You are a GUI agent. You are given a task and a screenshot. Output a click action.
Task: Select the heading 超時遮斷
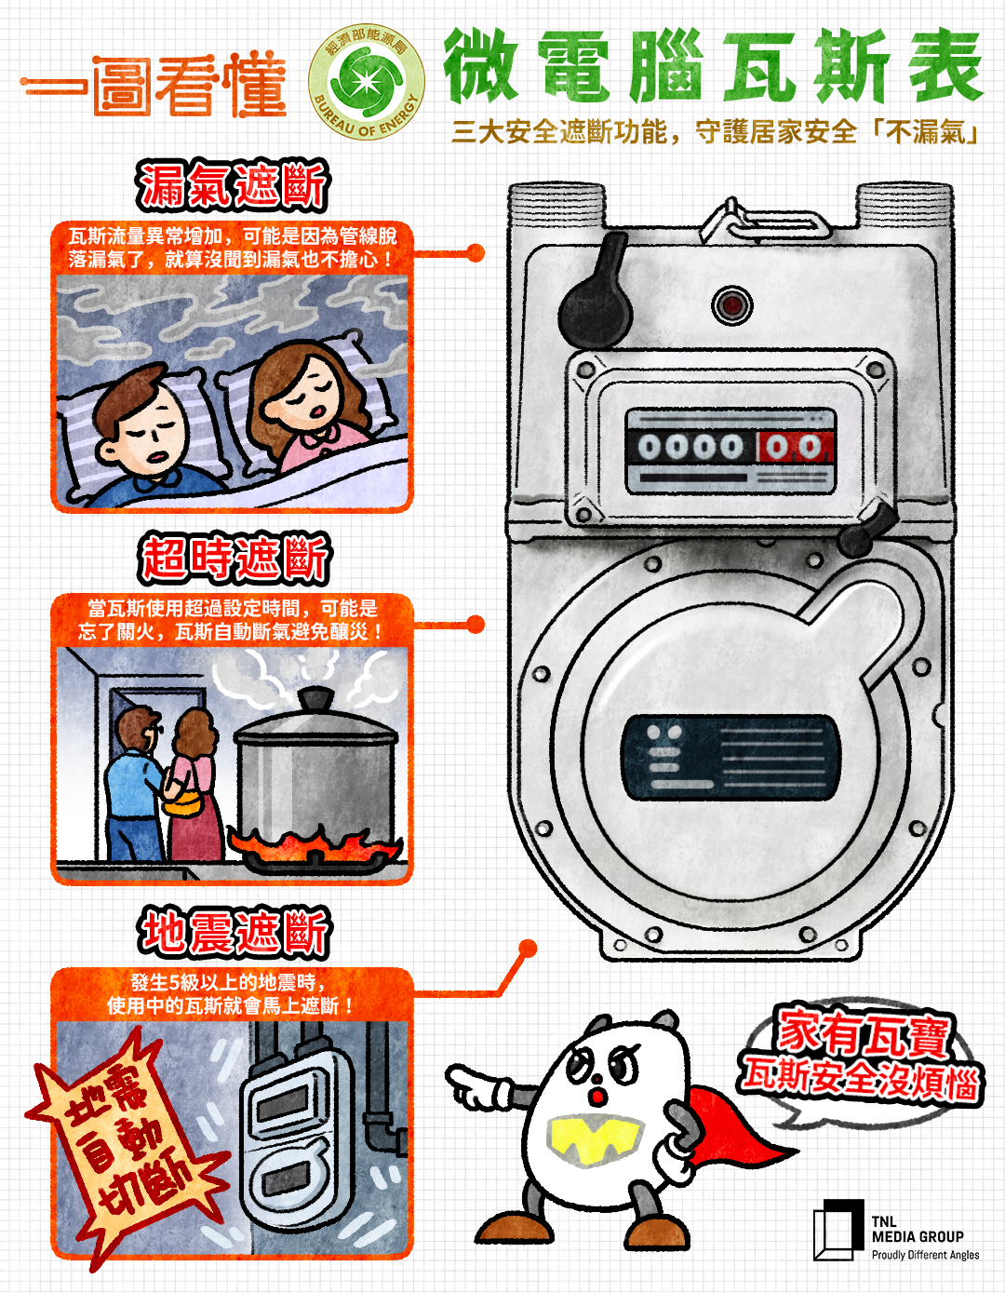tap(234, 559)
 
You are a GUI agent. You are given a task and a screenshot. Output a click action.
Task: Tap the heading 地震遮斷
tap(234, 933)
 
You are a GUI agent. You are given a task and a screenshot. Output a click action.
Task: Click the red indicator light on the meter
tap(731, 305)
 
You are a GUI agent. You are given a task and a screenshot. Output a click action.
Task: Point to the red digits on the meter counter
tap(793, 448)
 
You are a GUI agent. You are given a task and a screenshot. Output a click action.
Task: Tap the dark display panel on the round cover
tap(730, 758)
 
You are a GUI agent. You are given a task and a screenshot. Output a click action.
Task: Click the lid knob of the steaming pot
tap(316, 697)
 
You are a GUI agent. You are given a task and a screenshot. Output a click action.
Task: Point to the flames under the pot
tap(316, 847)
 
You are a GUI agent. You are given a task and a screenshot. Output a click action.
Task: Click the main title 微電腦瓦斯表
tap(713, 67)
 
